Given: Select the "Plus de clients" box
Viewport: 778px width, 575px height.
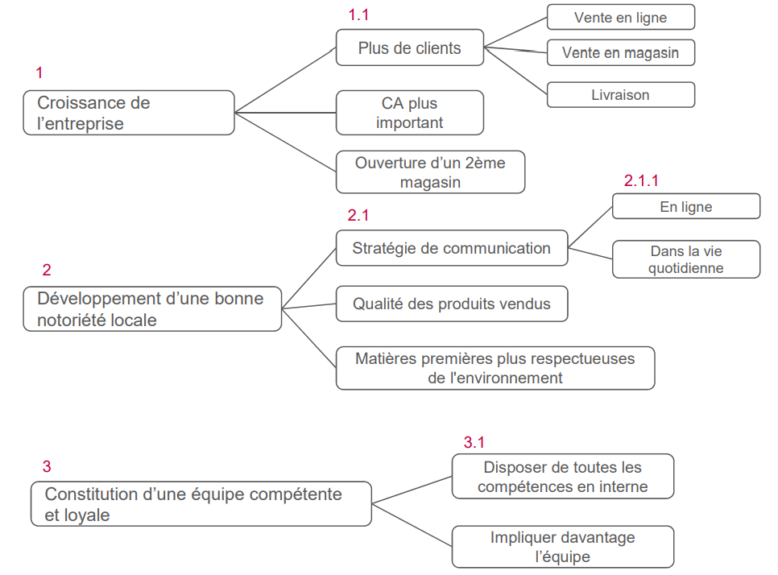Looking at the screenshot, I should tap(409, 48).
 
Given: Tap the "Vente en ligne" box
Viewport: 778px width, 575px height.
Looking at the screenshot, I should tap(620, 17).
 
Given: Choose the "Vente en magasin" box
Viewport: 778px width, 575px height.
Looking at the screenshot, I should tap(620, 53).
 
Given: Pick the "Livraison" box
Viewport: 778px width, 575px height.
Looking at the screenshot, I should tap(620, 95).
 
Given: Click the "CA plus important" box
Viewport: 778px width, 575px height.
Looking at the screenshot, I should tap(409, 113).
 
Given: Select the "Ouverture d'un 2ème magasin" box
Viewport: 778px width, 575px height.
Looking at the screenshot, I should tap(430, 172).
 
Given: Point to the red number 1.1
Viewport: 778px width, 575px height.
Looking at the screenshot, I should tap(358, 15).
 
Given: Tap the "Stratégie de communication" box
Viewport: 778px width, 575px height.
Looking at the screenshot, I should tap(451, 248).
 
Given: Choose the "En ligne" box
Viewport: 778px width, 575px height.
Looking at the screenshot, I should tap(685, 206).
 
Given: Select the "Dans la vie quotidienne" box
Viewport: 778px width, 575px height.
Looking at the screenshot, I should tap(685, 259).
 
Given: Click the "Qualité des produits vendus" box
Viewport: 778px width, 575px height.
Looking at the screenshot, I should tap(451, 304).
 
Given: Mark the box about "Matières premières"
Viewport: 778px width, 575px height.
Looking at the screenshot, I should tap(495, 367).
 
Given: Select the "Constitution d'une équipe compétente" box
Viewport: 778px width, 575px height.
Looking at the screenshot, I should tap(201, 504).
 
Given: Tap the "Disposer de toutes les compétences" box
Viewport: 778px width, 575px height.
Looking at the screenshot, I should tap(562, 476).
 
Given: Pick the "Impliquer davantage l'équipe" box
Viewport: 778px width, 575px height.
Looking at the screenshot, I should tap(562, 547).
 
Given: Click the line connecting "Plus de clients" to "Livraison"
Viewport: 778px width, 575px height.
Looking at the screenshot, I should tap(515, 71).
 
